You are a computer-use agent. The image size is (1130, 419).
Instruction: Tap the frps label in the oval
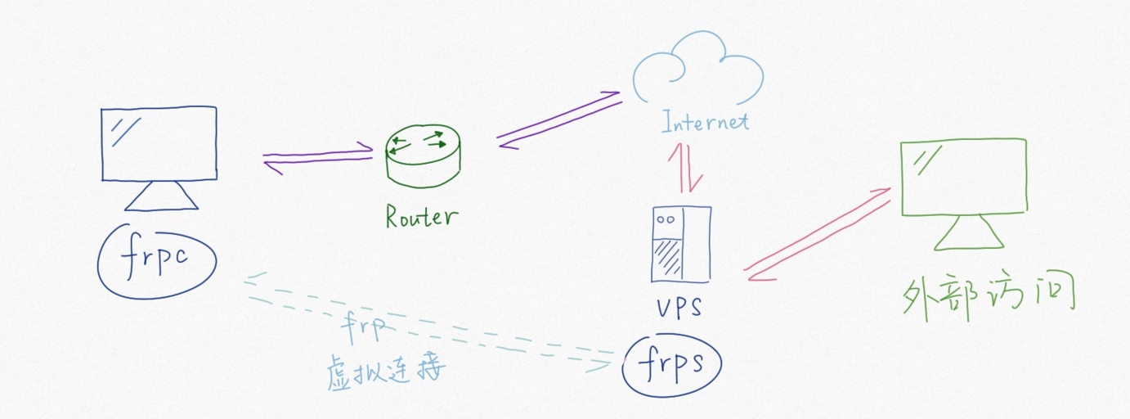671,363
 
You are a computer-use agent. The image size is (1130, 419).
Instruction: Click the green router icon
422,155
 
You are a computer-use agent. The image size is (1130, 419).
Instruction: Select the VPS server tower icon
680,243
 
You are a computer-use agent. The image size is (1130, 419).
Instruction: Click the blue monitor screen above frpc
159,143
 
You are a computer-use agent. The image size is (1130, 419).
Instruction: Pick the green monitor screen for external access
963,177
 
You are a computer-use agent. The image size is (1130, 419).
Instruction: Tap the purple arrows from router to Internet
558,121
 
